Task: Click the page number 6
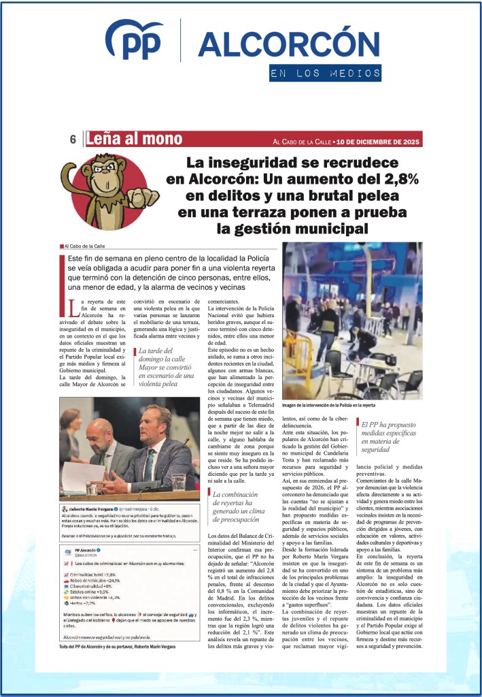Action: (x=72, y=140)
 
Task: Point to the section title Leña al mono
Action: (x=134, y=139)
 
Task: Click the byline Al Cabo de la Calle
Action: (x=85, y=246)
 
